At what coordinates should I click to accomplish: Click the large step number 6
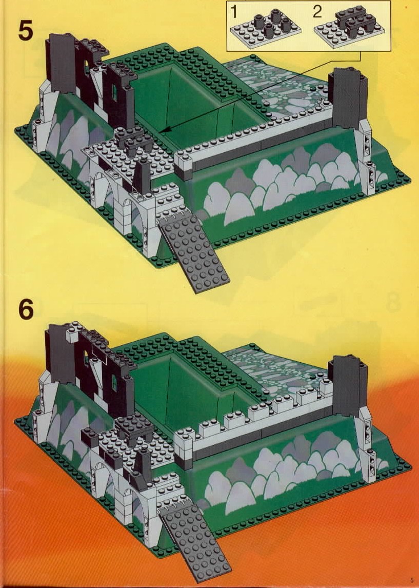[26, 309]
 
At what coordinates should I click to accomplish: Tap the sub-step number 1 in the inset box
[234, 12]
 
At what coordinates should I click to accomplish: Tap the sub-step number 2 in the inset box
[317, 12]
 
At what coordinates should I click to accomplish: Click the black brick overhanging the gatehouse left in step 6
[90, 436]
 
